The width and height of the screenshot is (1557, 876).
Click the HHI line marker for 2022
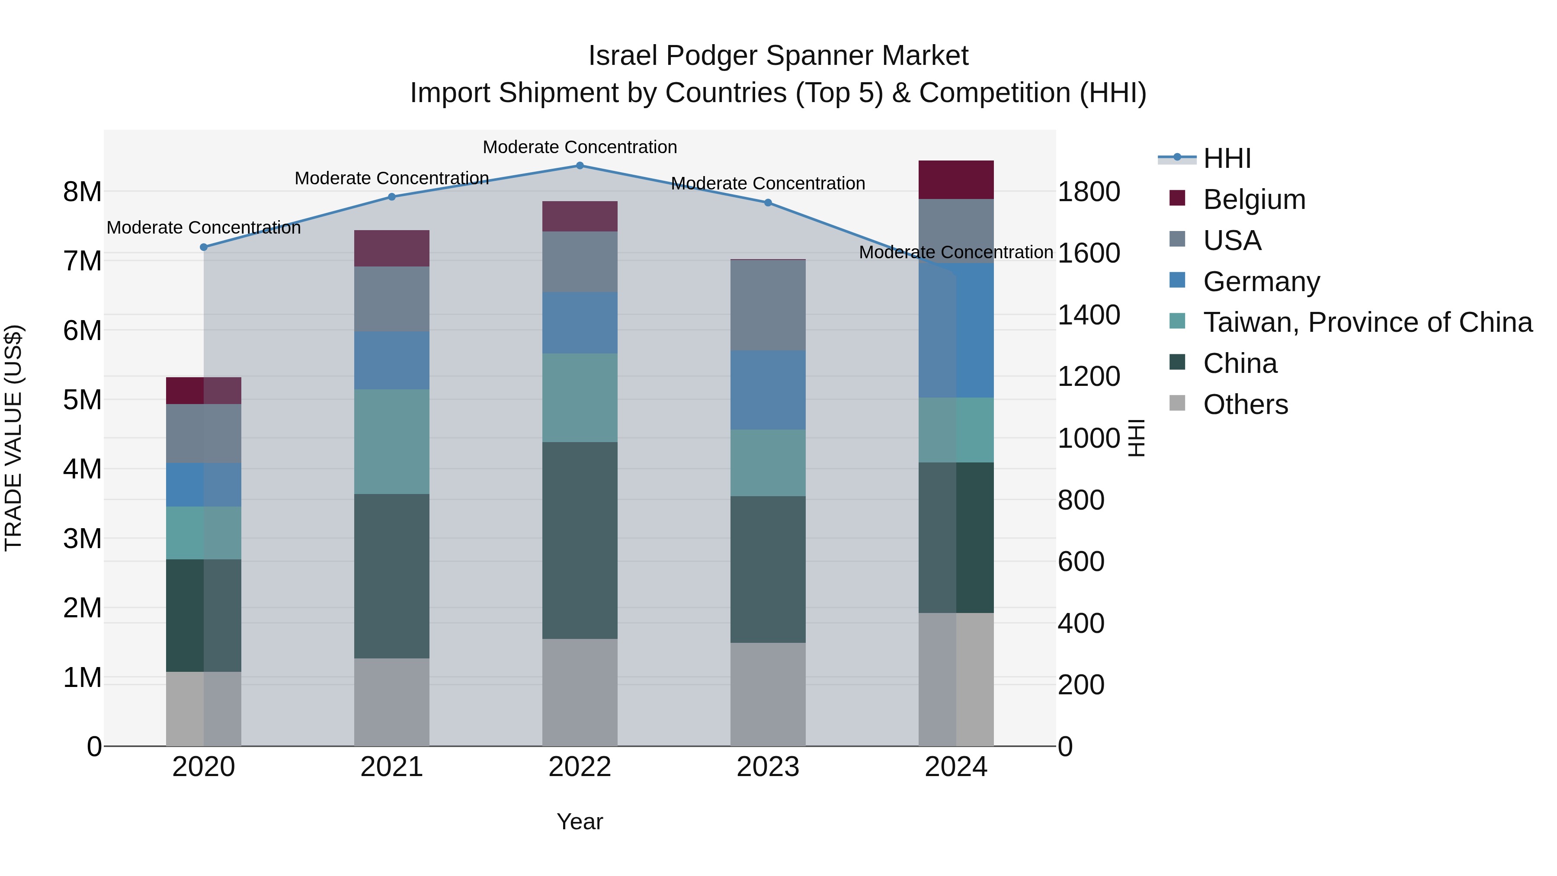coord(580,166)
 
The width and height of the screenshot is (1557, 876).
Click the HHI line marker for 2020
coord(204,247)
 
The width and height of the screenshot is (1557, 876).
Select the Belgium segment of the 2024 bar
coord(955,180)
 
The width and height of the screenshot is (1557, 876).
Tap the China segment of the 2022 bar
coord(580,540)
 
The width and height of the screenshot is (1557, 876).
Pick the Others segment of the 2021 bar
coord(392,702)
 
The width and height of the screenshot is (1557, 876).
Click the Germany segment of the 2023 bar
coord(768,391)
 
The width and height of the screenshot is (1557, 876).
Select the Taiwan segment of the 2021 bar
coord(392,442)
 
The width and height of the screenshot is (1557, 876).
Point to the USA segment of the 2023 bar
coord(768,305)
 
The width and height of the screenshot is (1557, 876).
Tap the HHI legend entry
coord(1227,158)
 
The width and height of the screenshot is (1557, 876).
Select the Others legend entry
coord(1245,404)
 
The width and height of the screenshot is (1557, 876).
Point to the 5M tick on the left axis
coord(83,400)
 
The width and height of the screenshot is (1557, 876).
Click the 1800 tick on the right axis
coord(1089,192)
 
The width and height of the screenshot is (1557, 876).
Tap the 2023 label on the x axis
coord(768,767)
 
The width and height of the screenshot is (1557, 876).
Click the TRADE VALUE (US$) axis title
coord(13,438)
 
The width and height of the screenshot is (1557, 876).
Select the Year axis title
coord(580,821)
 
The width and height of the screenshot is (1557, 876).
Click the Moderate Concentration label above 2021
coord(392,178)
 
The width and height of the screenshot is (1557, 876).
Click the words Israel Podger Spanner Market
coord(778,56)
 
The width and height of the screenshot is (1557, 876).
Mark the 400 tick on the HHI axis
coord(1081,623)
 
